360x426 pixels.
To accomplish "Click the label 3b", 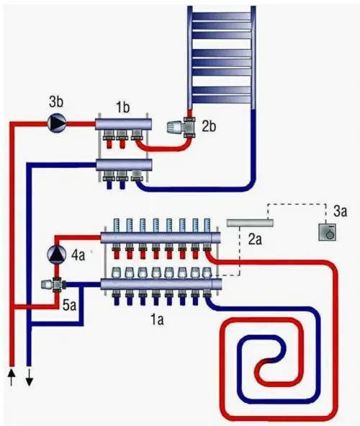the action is [x=56, y=102].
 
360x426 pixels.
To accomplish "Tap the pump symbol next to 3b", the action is [x=57, y=123].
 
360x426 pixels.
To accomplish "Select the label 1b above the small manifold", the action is [x=123, y=107].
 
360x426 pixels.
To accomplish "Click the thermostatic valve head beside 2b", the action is [x=175, y=128].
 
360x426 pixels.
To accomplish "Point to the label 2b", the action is [x=209, y=127].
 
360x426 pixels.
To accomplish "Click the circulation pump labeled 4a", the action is [x=57, y=254].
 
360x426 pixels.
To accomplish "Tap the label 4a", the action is [x=78, y=255].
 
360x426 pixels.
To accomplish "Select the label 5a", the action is [x=69, y=306].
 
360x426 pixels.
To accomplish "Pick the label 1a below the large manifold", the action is [x=158, y=319].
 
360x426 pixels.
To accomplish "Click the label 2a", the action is [x=255, y=239].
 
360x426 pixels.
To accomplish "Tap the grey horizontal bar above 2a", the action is [x=250, y=223].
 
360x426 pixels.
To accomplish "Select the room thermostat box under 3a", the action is [x=327, y=232].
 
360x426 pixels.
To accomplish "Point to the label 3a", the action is [x=340, y=211].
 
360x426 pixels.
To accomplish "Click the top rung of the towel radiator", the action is [x=222, y=17].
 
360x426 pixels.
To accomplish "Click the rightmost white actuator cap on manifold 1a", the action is [x=207, y=272].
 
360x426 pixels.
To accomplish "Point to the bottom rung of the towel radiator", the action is [x=222, y=99].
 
